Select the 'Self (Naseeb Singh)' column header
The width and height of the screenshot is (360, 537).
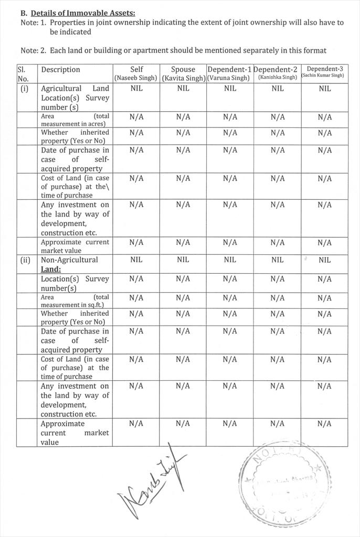pos(136,73)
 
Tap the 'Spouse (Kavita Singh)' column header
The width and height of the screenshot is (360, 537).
pos(183,73)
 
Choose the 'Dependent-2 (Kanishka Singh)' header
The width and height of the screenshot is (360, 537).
pos(277,73)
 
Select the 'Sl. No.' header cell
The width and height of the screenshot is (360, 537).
pos(27,73)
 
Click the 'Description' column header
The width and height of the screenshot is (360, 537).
pos(61,69)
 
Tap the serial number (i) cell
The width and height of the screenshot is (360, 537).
pos(25,89)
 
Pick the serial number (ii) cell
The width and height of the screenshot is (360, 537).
pos(25,260)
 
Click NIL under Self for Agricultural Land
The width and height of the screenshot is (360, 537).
pos(136,89)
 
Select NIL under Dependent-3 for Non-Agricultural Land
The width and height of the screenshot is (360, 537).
pos(324,260)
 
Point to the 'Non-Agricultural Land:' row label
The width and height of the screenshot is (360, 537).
pos(69,264)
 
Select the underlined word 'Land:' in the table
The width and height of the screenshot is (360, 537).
pos(51,270)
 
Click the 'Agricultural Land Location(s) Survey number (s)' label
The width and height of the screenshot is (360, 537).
pos(75,98)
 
